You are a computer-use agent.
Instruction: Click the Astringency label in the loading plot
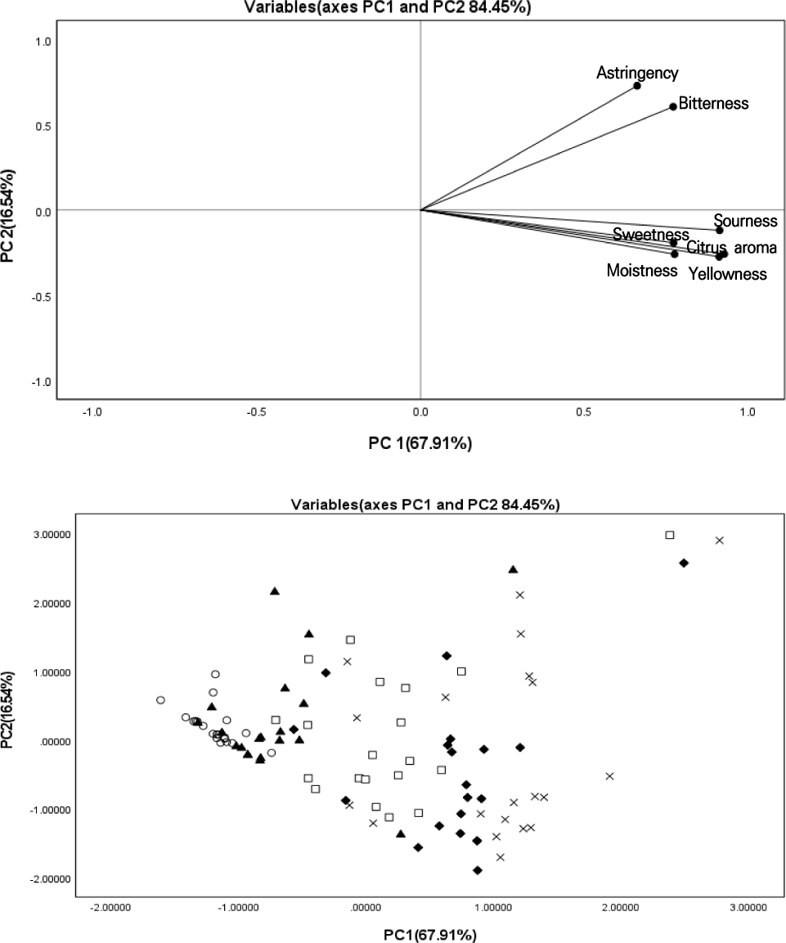coord(637,74)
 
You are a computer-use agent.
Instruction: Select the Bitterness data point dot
coord(673,106)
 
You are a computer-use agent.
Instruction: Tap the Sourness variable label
coord(744,221)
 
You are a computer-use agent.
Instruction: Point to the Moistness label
coord(642,270)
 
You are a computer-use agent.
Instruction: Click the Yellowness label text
coord(727,274)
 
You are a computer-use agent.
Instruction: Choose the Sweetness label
coord(651,235)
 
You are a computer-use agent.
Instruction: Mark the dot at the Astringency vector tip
coord(637,86)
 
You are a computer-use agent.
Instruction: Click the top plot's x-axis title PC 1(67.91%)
coord(420,444)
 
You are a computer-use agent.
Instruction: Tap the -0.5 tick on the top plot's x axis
coord(257,414)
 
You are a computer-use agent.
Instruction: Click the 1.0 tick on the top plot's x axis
coord(748,414)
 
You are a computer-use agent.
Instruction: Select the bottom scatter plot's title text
coord(425,505)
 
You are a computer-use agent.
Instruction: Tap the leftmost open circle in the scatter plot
coord(160,700)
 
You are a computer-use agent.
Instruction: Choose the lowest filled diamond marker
coord(478,870)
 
